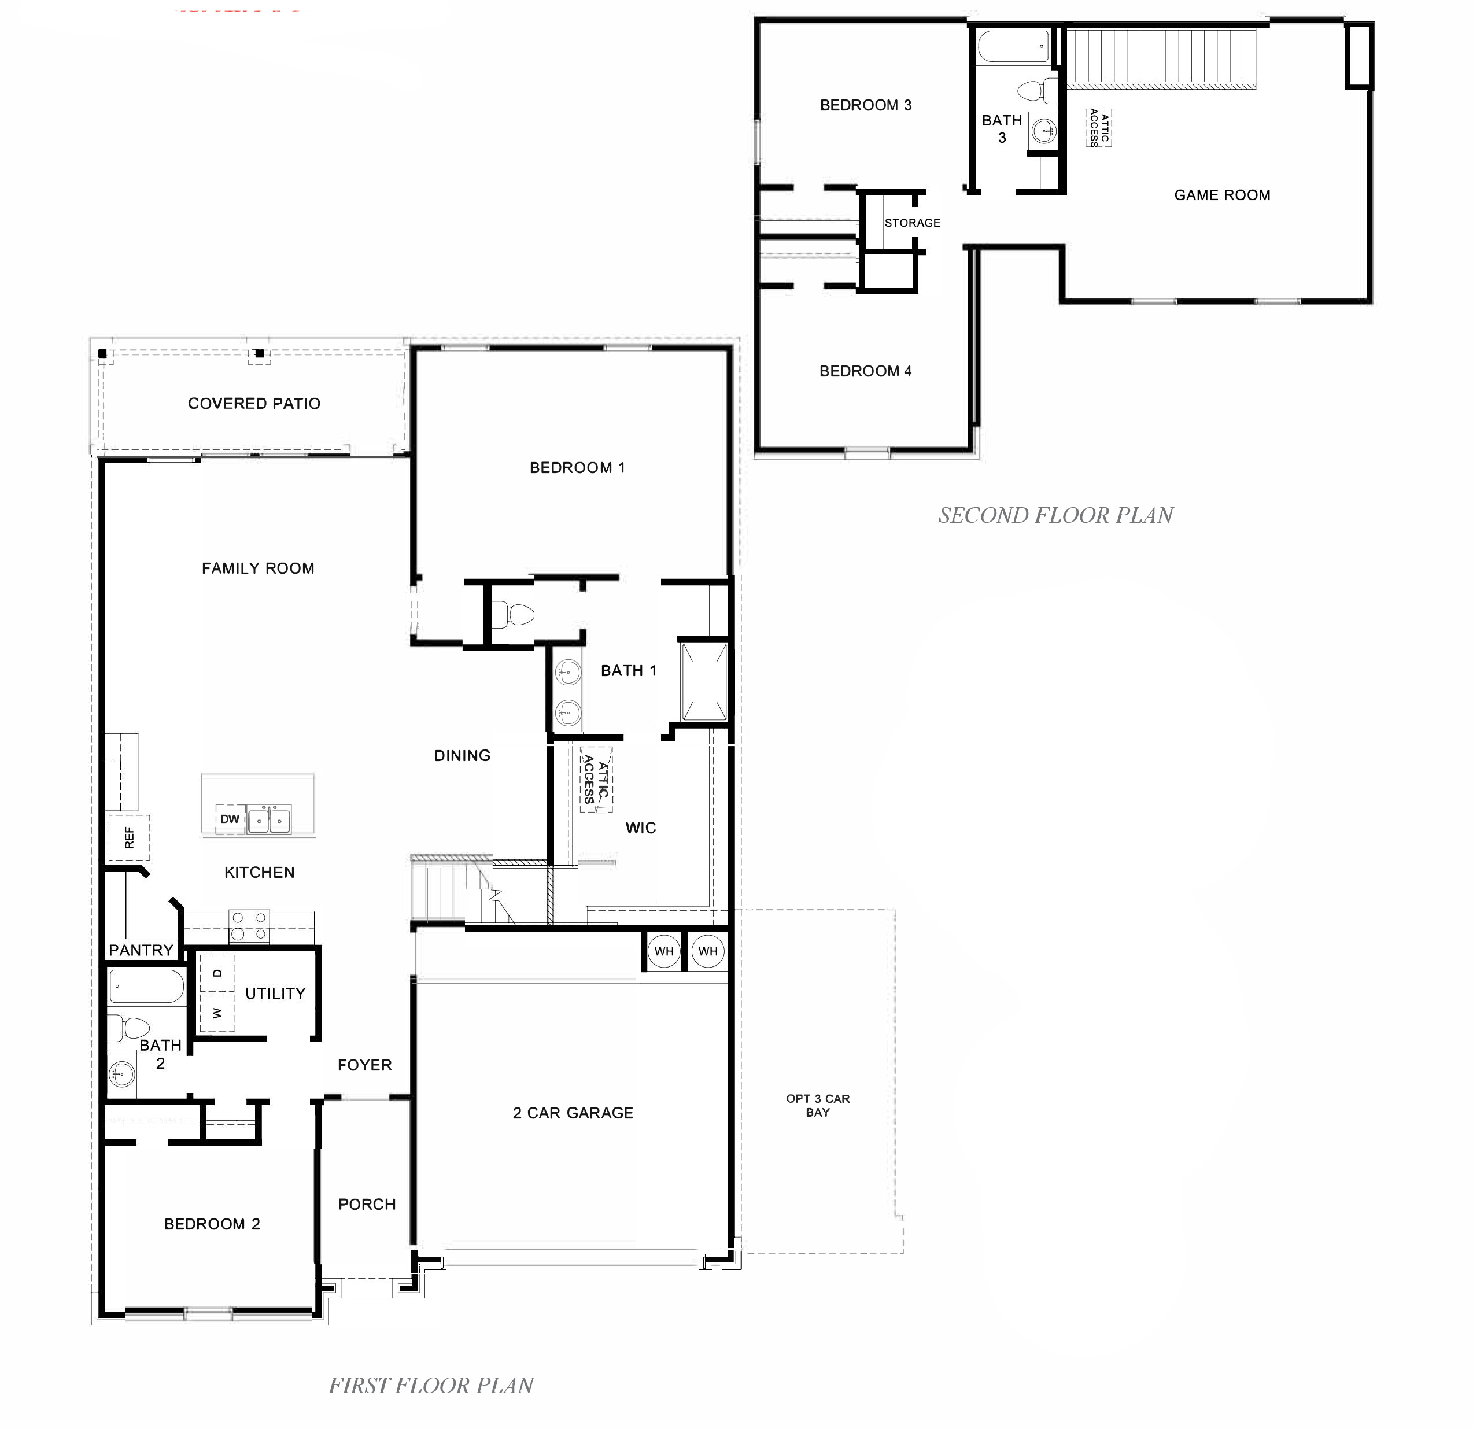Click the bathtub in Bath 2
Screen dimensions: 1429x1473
click(x=146, y=988)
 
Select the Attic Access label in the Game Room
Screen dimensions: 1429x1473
click(x=1099, y=128)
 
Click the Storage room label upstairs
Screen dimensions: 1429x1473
click(x=913, y=223)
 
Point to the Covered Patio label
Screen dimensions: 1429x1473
click(x=254, y=404)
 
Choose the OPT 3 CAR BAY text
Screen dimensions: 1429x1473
click(x=818, y=1105)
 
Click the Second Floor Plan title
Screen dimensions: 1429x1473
click(x=1055, y=515)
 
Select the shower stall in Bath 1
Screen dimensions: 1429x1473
click(x=704, y=681)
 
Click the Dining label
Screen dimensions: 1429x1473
click(x=462, y=756)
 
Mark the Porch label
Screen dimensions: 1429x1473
click(x=367, y=1205)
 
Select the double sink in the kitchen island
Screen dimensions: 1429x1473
click(x=269, y=819)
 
